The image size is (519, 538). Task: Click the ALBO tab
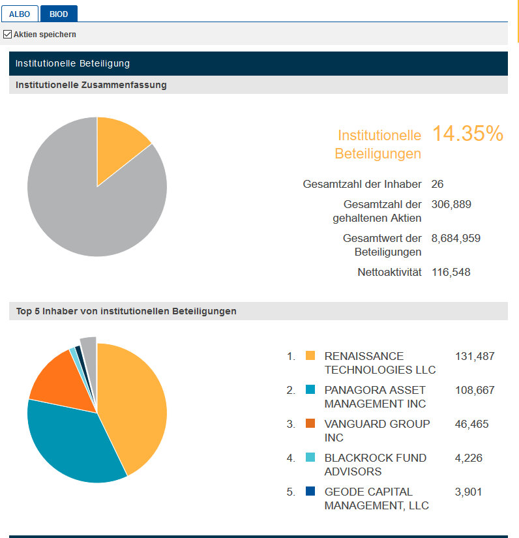pyautogui.click(x=20, y=14)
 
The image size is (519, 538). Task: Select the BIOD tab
pyautogui.click(x=59, y=14)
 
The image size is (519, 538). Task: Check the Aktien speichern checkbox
pyautogui.click(x=8, y=34)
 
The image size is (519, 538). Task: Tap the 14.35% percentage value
pyautogui.click(x=467, y=134)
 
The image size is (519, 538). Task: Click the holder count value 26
pyautogui.click(x=437, y=185)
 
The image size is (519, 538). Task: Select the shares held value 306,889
pyautogui.click(x=451, y=204)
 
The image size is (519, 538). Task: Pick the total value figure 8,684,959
pyautogui.click(x=456, y=238)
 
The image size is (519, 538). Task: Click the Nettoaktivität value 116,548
pyautogui.click(x=451, y=272)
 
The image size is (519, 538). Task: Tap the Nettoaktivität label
pyautogui.click(x=389, y=272)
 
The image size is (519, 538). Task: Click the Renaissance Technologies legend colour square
pyautogui.click(x=310, y=356)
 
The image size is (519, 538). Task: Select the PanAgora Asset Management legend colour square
pyautogui.click(x=310, y=390)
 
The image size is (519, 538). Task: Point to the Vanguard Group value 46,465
pyautogui.click(x=471, y=424)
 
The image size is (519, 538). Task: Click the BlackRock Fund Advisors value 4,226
pyautogui.click(x=468, y=458)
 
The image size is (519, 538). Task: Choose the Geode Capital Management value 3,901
pyautogui.click(x=468, y=492)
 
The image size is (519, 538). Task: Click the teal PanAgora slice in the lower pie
pyautogui.click(x=72, y=443)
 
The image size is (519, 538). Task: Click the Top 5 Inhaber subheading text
pyautogui.click(x=126, y=312)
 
